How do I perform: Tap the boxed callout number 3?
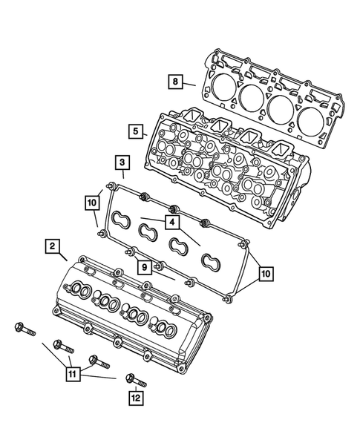(120, 162)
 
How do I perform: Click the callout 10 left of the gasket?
(92, 202)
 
